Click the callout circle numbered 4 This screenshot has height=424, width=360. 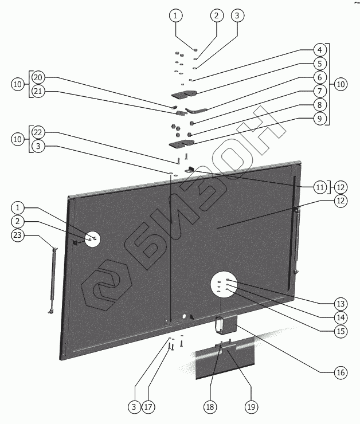(319, 49)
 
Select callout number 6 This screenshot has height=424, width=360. (319, 77)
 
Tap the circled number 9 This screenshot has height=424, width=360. (319, 119)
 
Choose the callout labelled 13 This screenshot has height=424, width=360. (341, 303)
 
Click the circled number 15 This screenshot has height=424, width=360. (341, 331)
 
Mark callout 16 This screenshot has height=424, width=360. (341, 372)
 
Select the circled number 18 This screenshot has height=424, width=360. (210, 407)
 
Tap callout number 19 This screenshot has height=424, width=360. (251, 407)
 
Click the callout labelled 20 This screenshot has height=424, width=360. (38, 77)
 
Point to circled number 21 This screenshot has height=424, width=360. (38, 91)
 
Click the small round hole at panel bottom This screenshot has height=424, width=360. (185, 316)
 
